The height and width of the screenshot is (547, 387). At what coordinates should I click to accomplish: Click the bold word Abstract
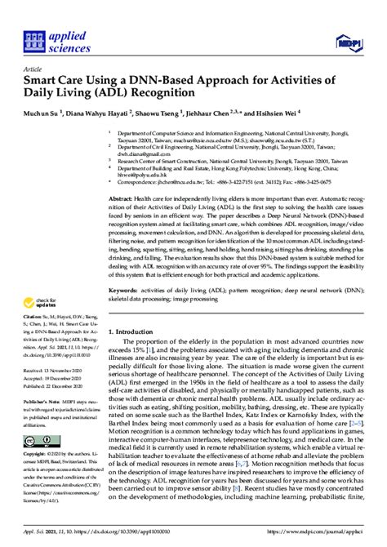[122, 198]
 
